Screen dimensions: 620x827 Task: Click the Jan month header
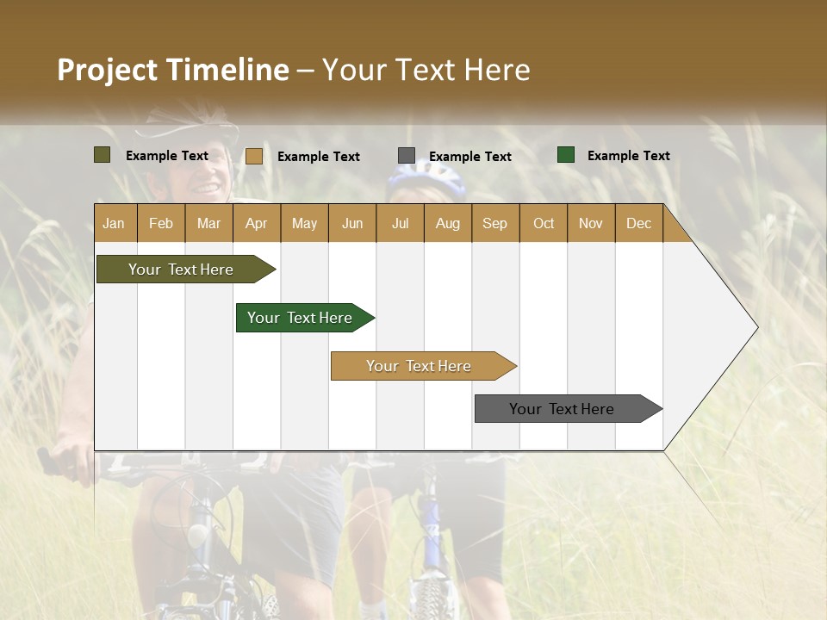(x=114, y=223)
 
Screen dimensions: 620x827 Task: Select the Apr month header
(x=256, y=223)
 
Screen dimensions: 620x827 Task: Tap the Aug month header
(x=447, y=223)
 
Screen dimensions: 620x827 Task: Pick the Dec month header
(x=638, y=223)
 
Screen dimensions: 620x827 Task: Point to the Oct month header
(x=543, y=223)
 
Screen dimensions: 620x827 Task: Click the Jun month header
(x=351, y=223)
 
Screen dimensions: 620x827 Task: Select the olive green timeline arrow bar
(x=182, y=270)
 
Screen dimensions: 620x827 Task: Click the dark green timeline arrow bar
(x=301, y=318)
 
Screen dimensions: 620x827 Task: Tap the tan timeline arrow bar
(x=420, y=366)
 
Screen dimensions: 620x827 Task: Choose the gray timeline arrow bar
(x=563, y=409)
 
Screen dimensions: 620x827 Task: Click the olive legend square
(x=103, y=155)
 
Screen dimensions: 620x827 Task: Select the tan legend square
(x=253, y=156)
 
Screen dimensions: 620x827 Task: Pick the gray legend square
(x=406, y=156)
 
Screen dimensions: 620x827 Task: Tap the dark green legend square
(x=566, y=155)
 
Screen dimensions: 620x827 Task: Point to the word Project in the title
(x=107, y=70)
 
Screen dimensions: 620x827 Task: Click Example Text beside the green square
(x=628, y=155)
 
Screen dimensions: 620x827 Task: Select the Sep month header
(x=494, y=223)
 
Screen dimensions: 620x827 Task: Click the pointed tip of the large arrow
(x=755, y=326)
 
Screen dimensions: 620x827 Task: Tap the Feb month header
(x=160, y=223)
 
